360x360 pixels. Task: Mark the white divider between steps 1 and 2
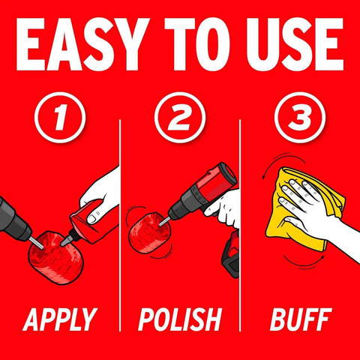coord(120,225)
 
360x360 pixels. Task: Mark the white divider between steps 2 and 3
coord(239,225)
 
